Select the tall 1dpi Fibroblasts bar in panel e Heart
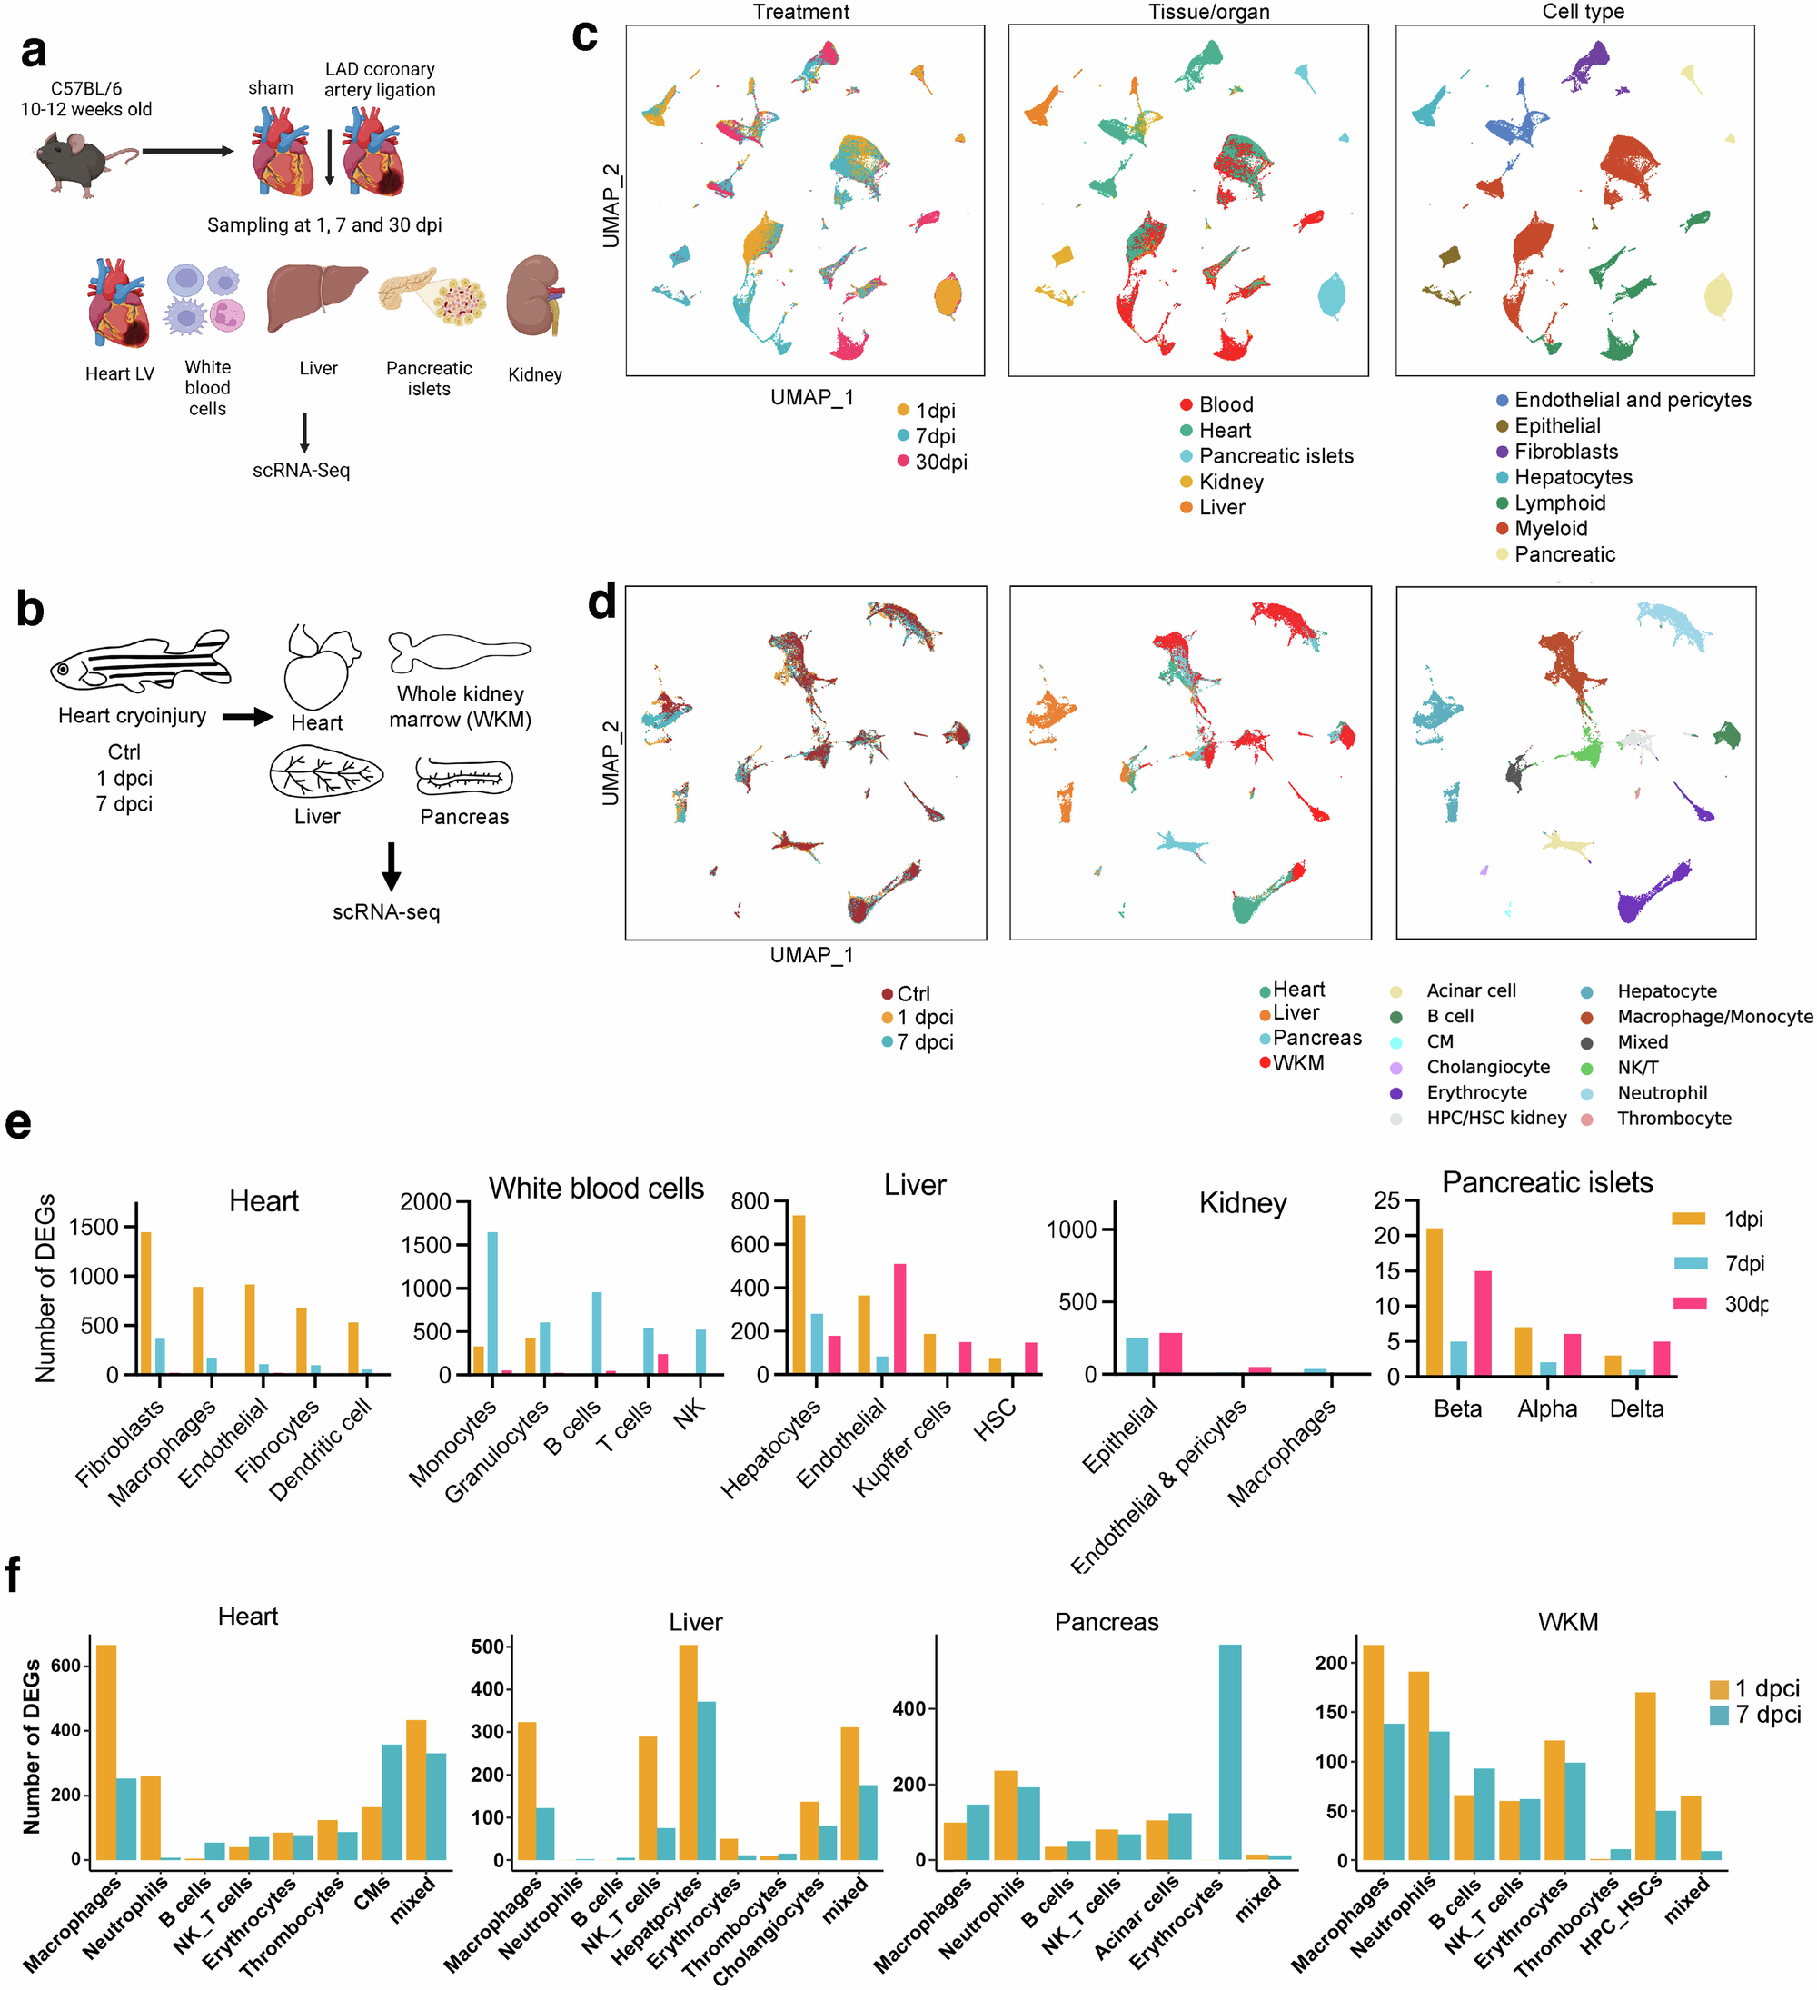pos(146,1302)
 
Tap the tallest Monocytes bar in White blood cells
pos(491,1302)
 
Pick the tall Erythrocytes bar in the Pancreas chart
pos(1230,1751)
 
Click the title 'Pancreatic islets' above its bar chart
pos(1546,1182)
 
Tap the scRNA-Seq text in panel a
pos(301,471)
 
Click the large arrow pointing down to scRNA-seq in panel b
pos(391,866)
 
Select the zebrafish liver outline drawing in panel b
pos(326,771)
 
